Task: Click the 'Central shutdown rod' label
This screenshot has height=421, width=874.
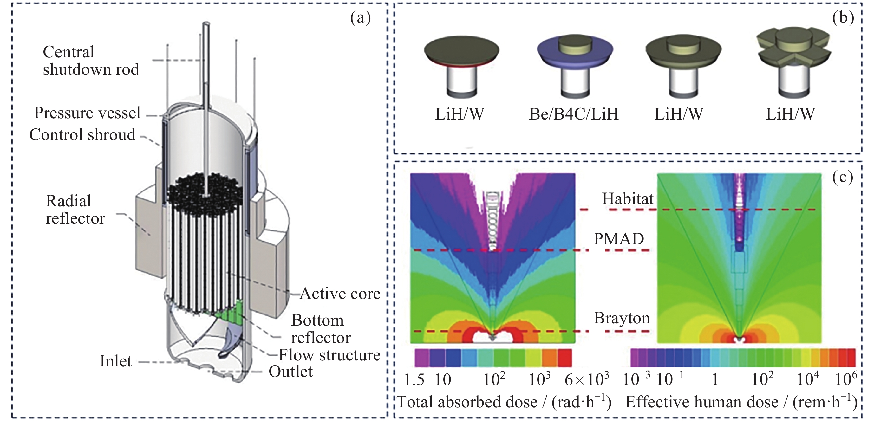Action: pos(91,61)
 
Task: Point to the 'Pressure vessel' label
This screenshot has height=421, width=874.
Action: pos(87,113)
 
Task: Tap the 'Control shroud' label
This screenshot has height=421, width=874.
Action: pos(82,135)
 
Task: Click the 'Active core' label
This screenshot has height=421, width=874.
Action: pos(340,294)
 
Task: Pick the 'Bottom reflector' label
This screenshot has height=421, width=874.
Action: pos(321,329)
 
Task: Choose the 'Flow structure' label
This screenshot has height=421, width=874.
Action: pos(329,355)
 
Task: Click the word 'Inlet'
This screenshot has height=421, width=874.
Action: pos(115,361)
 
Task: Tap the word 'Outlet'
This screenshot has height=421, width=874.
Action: pos(290,372)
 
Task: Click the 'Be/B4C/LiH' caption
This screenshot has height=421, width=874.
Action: pos(574,114)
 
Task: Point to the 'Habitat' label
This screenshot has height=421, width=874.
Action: pos(627,199)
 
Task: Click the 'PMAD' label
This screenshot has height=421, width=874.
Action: pos(618,239)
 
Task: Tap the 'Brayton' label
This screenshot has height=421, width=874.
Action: pos(622,318)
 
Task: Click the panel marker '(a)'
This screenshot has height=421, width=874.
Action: pos(360,18)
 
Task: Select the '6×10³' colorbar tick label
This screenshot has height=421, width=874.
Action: pos(587,379)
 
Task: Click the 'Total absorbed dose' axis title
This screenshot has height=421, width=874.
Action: pos(504,402)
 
